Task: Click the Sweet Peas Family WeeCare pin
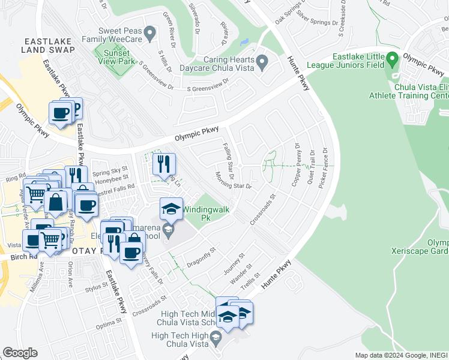(149, 31)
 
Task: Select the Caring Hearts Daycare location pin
(262, 62)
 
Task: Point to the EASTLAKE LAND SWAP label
(49, 47)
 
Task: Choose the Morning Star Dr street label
(232, 181)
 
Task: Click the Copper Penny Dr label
(297, 164)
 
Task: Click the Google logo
(20, 353)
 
